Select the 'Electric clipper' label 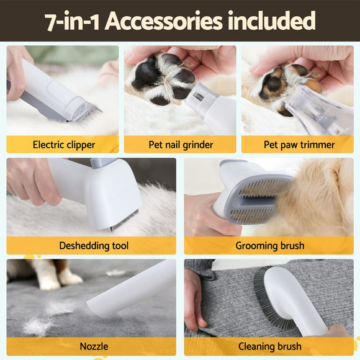click(x=63, y=145)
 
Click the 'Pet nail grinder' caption click(x=181, y=145)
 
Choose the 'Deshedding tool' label click(x=93, y=246)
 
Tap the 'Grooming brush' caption click(x=269, y=246)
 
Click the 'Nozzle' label click(x=93, y=346)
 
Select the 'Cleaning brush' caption click(x=269, y=346)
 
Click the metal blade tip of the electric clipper click(x=87, y=114)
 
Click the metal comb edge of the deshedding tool click(x=124, y=221)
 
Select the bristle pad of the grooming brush click(x=264, y=199)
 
